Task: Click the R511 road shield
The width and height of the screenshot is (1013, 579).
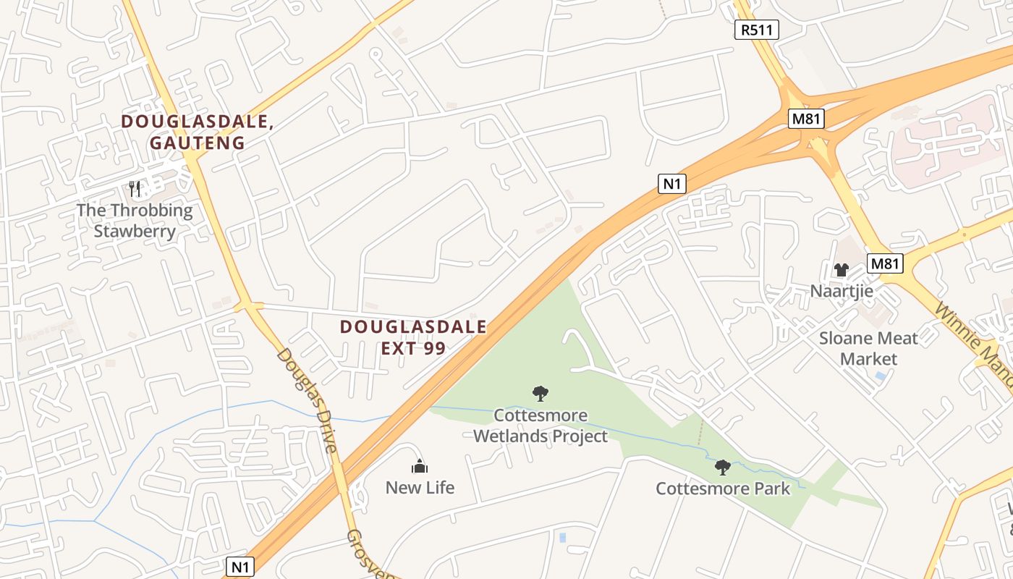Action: tap(757, 30)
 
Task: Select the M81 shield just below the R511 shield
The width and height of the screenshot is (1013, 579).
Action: tap(806, 119)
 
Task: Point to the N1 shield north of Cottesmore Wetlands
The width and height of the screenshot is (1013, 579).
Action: tap(672, 184)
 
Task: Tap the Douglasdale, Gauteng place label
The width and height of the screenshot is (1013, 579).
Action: tap(197, 132)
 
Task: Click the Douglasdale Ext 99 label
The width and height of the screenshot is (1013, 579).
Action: tap(413, 337)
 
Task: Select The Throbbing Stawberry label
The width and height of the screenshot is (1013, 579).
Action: tap(135, 221)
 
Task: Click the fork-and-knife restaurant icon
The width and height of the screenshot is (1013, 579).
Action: tap(135, 189)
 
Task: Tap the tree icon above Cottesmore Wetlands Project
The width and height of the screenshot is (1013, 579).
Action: tap(540, 394)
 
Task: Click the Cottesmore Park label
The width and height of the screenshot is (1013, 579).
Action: tap(723, 489)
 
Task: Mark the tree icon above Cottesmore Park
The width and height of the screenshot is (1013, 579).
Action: tap(722, 468)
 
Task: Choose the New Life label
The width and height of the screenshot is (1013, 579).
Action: tap(420, 487)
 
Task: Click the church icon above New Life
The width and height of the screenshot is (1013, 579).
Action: tap(420, 467)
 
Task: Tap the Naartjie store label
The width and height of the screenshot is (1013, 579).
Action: tap(842, 291)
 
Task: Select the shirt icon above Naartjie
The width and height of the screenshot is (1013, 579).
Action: tap(841, 270)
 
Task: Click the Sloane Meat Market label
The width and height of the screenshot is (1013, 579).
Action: tap(868, 348)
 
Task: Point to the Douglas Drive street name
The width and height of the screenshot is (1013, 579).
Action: tap(307, 400)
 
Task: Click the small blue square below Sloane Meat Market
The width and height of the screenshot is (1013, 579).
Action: tap(879, 376)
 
